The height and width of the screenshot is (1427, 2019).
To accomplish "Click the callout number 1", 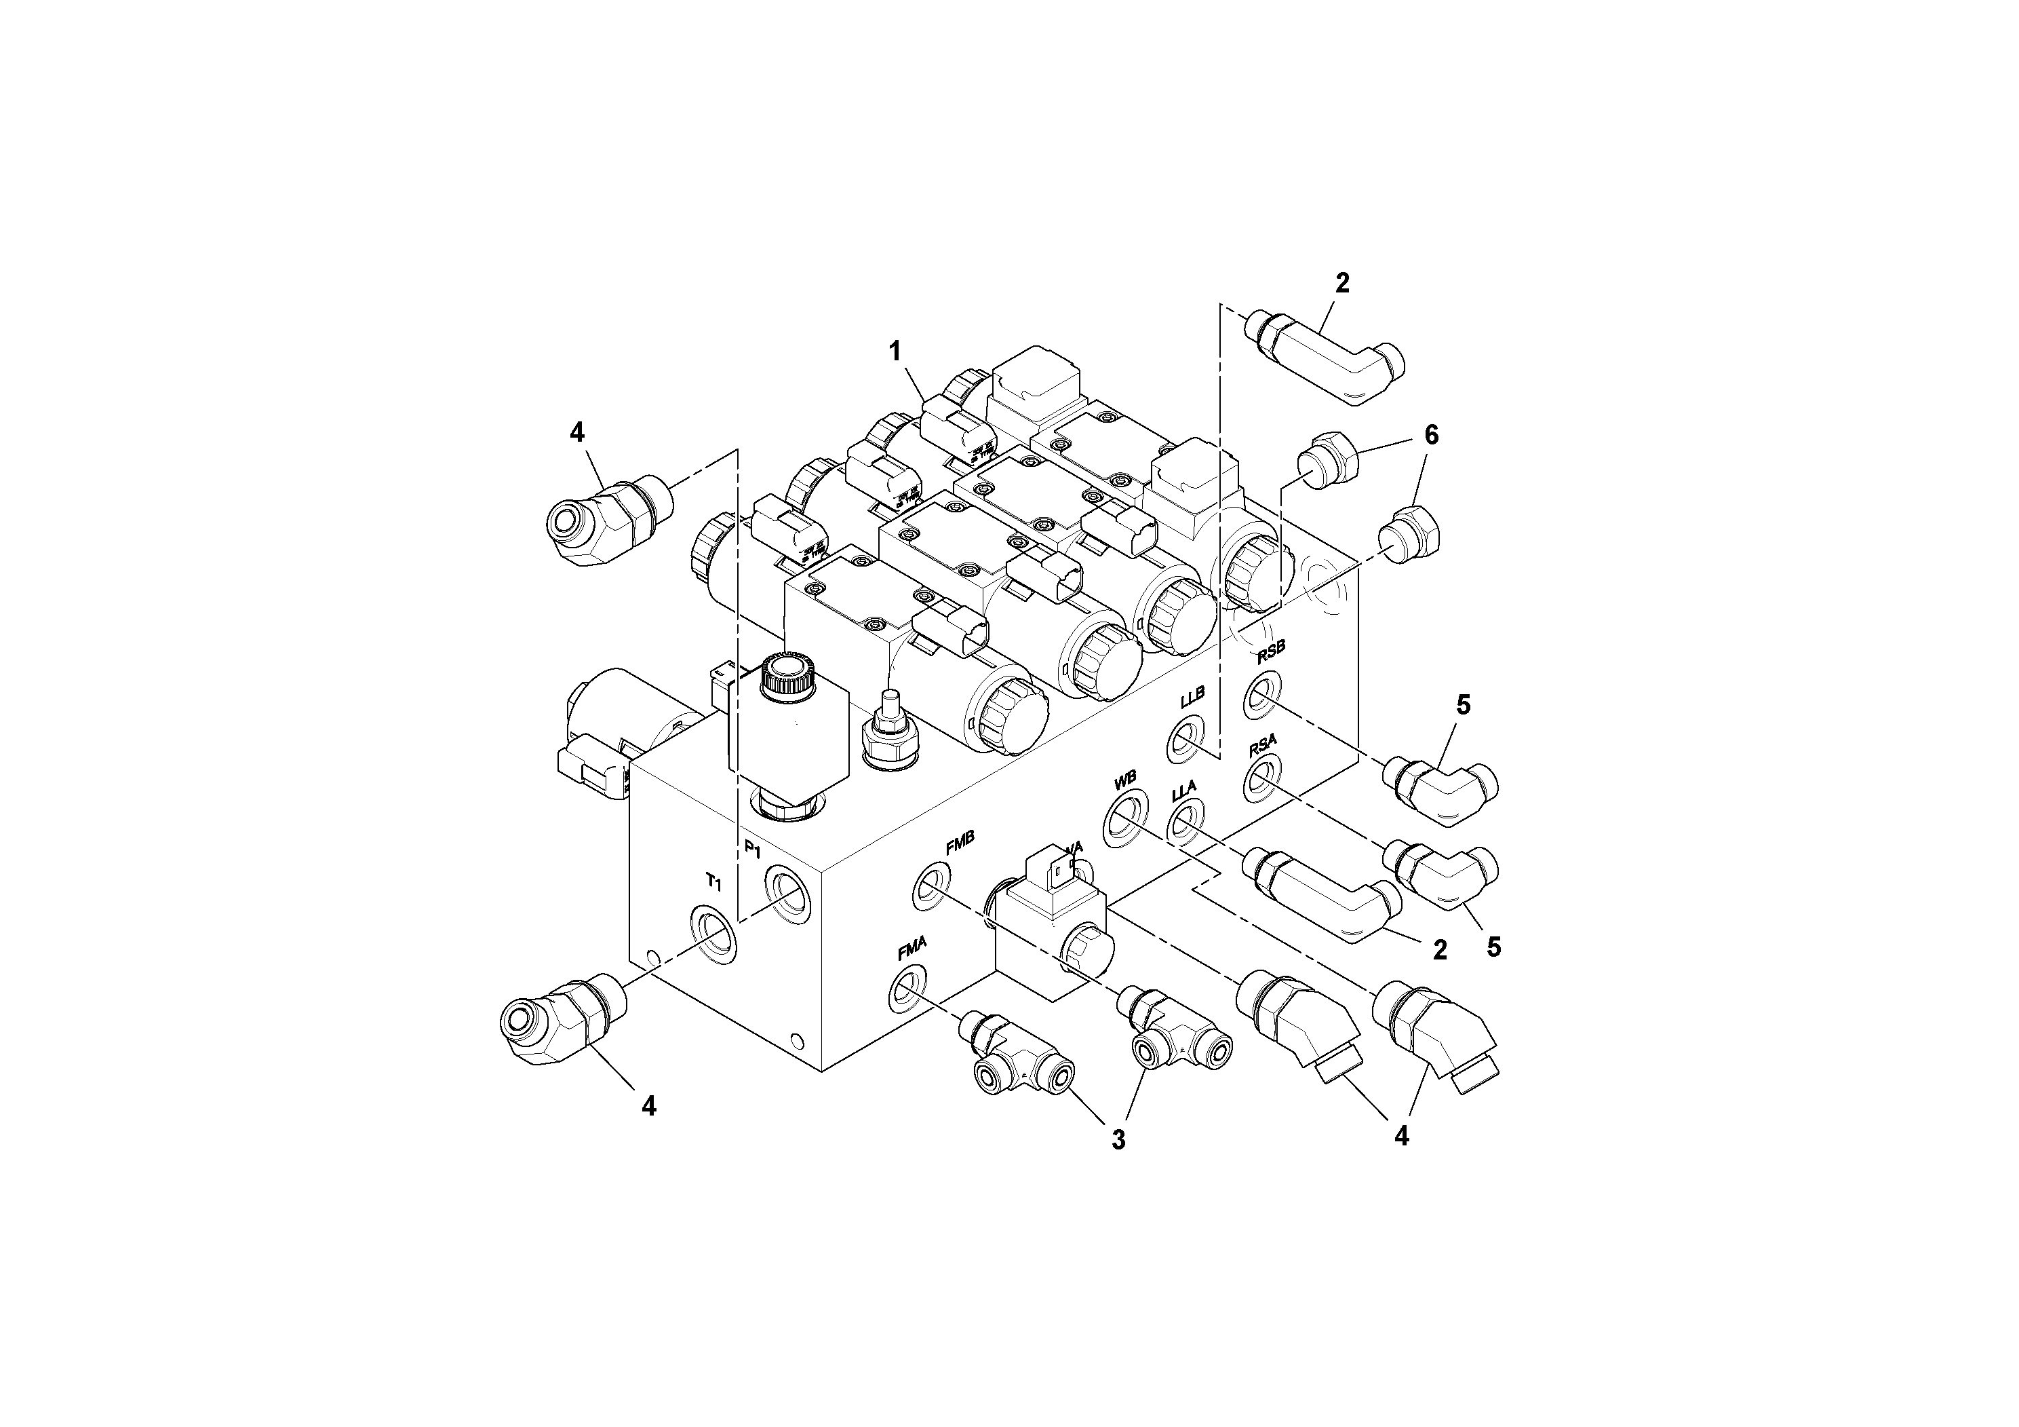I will coord(895,352).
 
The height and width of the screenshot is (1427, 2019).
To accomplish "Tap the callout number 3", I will coord(1118,1140).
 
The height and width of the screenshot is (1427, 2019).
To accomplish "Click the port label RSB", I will coord(1271,652).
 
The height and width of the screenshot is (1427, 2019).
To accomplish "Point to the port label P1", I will coord(753,848).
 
